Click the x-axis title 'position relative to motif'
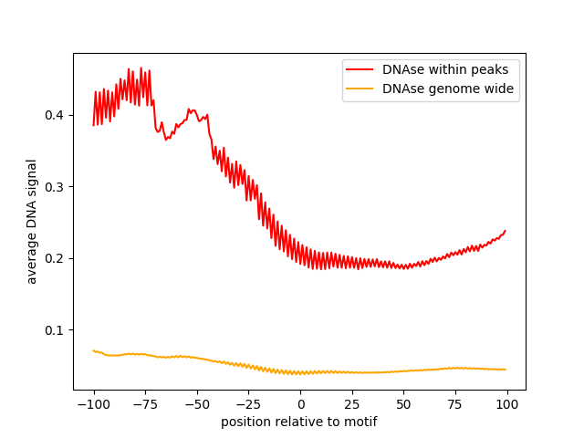pyautogui.click(x=299, y=422)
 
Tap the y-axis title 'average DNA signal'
pyautogui.click(x=32, y=222)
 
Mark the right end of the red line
pyautogui.click(x=506, y=231)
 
